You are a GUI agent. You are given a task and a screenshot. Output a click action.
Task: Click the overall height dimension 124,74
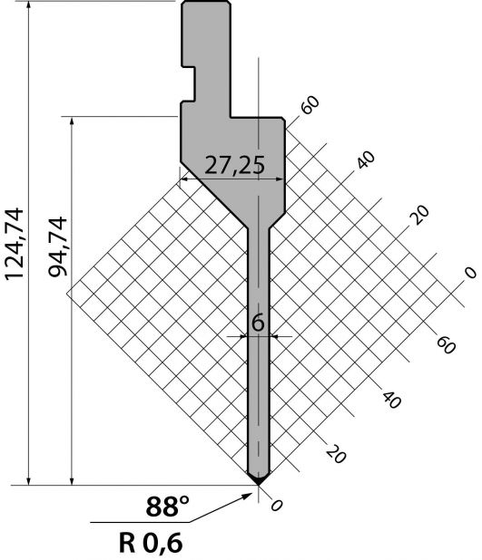15,244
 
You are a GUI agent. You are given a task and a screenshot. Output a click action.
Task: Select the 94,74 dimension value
58,246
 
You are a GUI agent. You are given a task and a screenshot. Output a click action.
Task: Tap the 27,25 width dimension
235,165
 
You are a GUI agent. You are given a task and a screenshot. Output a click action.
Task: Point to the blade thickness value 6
258,323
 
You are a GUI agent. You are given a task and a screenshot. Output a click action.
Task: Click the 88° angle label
167,507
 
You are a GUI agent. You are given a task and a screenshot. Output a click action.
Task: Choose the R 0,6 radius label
151,543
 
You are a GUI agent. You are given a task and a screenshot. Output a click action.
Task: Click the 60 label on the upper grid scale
310,104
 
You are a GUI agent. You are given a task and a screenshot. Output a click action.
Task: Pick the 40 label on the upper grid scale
365,159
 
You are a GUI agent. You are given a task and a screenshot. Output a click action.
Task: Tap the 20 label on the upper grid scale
420,215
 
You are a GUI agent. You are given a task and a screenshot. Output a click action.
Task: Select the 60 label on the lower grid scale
446,345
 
